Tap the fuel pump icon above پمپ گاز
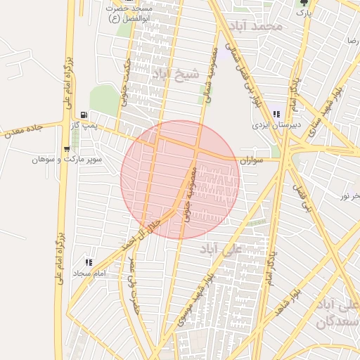84,115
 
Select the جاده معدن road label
25,129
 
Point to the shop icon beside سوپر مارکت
66,148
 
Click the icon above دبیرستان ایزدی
276,114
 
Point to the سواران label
251,160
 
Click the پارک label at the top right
303,13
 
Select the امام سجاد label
89,273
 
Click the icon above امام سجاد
89,262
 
